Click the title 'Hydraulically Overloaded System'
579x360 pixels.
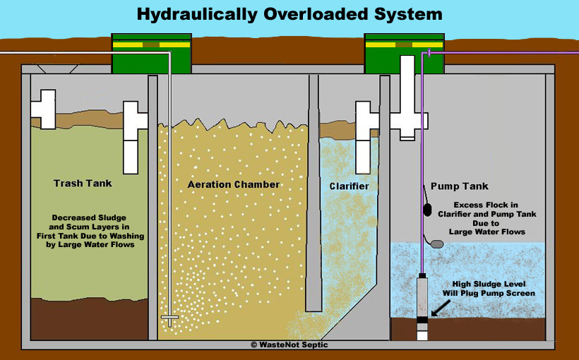point(289,13)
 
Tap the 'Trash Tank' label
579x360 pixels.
point(83,184)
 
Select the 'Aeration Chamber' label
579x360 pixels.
point(234,185)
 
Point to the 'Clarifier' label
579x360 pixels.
point(350,186)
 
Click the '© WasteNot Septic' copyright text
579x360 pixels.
point(289,344)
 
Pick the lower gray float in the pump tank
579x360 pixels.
point(438,244)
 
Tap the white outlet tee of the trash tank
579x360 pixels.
point(134,137)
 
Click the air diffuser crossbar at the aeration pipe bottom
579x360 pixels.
point(170,318)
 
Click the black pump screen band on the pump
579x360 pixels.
point(422,319)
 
